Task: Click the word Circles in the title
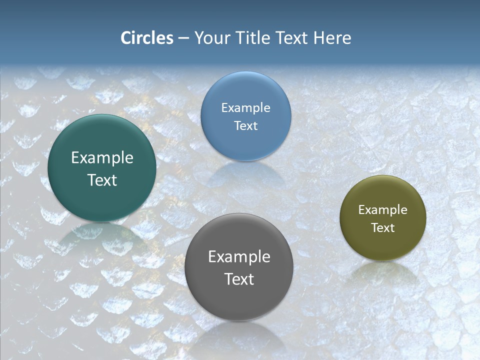(147, 38)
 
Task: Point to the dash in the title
(183, 38)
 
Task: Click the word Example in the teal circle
(102, 158)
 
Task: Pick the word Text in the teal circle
(102, 180)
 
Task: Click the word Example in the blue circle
(245, 108)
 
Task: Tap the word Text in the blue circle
(245, 125)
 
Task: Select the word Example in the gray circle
(239, 257)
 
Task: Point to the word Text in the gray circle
(239, 279)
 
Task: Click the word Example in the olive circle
(382, 210)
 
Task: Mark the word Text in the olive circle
(382, 227)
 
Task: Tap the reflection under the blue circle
(245, 172)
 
